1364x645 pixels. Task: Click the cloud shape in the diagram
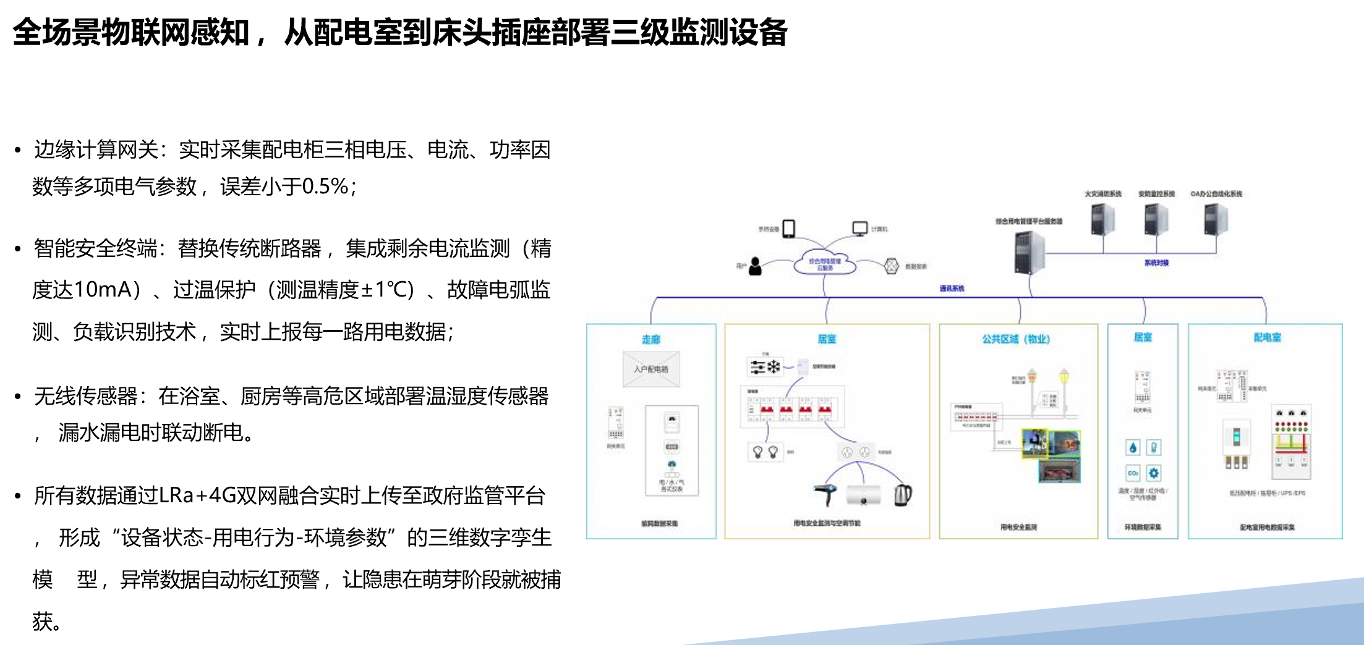825,264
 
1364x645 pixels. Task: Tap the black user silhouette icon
755,266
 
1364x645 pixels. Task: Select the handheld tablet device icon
789,229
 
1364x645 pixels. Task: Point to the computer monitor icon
859,229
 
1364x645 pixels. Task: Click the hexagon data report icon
891,266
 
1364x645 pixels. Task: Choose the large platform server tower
1028,252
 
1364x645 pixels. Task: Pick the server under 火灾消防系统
1102,219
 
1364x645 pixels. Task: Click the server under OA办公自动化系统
1216,219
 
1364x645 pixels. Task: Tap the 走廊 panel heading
650,339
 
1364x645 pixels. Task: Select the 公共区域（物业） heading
1016,339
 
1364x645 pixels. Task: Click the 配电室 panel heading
1267,337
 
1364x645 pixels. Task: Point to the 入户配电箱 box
651,369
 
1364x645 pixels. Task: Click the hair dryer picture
825,494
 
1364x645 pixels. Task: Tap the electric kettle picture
903,494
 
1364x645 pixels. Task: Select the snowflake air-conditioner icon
774,367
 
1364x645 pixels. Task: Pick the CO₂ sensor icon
1133,473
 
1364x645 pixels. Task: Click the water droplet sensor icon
1133,447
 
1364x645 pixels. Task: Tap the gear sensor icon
1154,473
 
